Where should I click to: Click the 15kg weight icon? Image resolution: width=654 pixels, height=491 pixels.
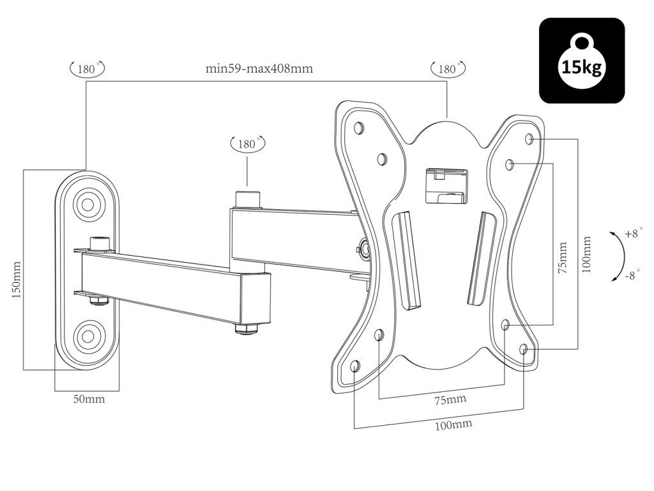point(582,61)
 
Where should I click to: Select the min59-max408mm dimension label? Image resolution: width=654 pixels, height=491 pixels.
point(259,69)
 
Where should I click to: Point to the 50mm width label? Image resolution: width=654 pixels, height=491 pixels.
point(89,400)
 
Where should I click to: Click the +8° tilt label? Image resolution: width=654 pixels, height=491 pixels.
point(632,234)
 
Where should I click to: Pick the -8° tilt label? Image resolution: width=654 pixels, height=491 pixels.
point(632,276)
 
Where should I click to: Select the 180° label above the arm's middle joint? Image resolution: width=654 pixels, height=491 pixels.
point(247,144)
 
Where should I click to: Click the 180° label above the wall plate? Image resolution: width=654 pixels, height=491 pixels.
point(87,68)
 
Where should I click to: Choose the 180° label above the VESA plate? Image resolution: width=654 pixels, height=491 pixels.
point(448,68)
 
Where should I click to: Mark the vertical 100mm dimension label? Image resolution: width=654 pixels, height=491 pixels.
point(587,254)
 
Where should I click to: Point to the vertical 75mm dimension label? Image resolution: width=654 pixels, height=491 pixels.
point(562,258)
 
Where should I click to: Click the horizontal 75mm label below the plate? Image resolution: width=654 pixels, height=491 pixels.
point(450,400)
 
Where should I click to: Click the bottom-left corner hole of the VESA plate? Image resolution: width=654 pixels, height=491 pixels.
point(356,366)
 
